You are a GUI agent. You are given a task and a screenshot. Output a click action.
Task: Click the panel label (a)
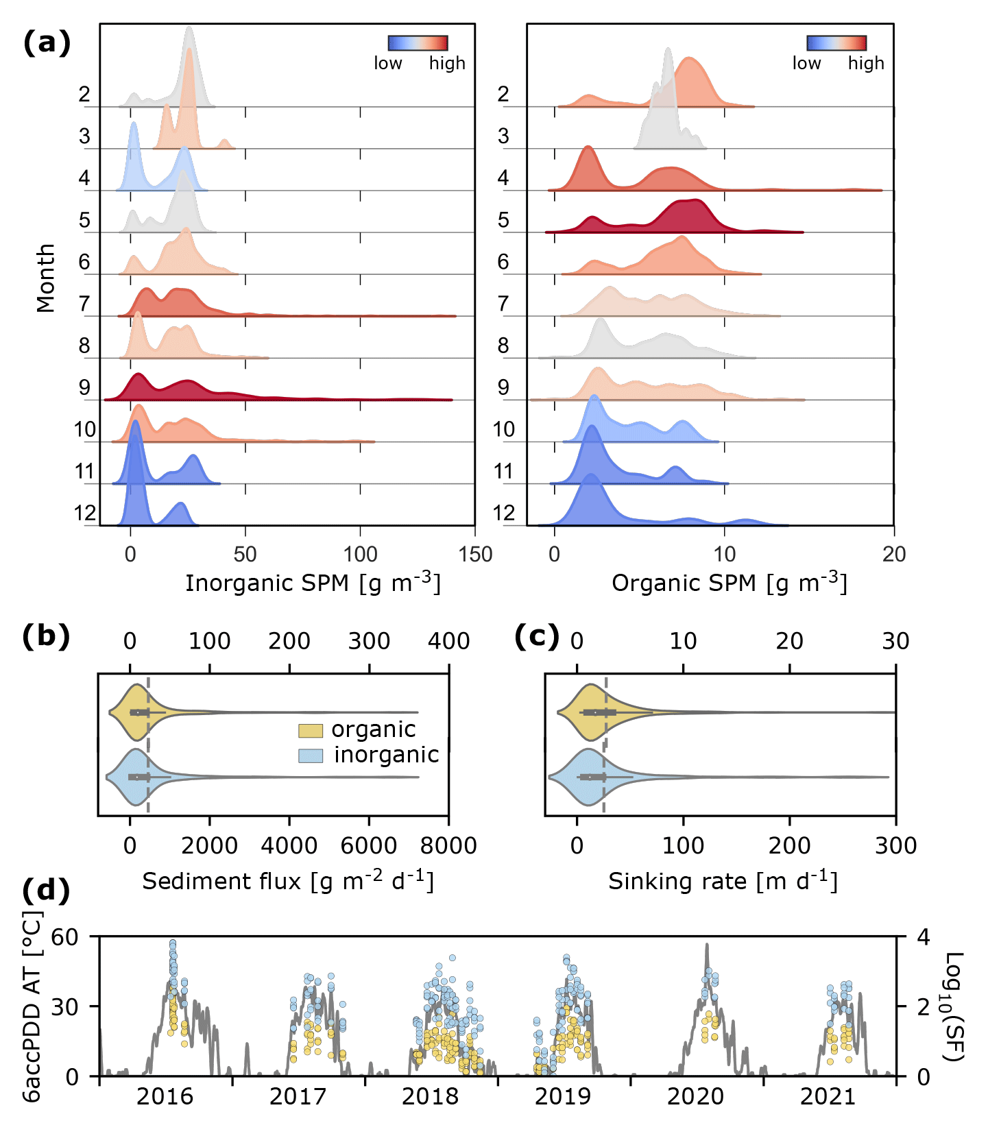coord(47,43)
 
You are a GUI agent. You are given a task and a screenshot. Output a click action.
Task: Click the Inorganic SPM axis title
coord(313,583)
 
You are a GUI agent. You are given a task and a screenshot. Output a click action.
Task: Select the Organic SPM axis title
coord(729,583)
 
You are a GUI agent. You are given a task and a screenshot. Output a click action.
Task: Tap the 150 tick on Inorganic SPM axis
coord(475,554)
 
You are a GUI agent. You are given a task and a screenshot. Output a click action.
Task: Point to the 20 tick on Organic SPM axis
coord(893,554)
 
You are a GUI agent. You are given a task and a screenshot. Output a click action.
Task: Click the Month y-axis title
coord(46,278)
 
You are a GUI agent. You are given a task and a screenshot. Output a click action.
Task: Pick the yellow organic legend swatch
coord(310,731)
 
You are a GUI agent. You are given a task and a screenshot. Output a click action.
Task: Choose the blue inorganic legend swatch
coord(310,756)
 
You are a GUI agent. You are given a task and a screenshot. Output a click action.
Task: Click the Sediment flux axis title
coord(288,881)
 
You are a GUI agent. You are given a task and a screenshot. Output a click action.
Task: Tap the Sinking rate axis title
coord(723,881)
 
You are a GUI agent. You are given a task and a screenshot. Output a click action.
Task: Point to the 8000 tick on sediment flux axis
coord(448,846)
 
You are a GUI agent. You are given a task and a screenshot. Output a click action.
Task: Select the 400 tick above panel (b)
coord(448,642)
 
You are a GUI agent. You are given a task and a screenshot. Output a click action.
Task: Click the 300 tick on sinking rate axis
coord(895,846)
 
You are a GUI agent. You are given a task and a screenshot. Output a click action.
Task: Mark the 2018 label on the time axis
coord(430,1097)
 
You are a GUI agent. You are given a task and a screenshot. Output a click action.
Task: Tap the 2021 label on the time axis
coord(828,1097)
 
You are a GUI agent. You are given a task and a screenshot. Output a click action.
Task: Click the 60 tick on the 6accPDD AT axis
coord(65,937)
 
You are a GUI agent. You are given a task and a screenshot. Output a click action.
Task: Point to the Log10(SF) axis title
coord(954,1006)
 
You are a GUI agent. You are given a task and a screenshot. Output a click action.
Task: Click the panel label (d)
coord(46,891)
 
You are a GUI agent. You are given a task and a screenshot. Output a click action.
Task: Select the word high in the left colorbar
coord(447,63)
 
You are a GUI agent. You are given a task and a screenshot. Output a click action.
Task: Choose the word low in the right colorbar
coord(806,63)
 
